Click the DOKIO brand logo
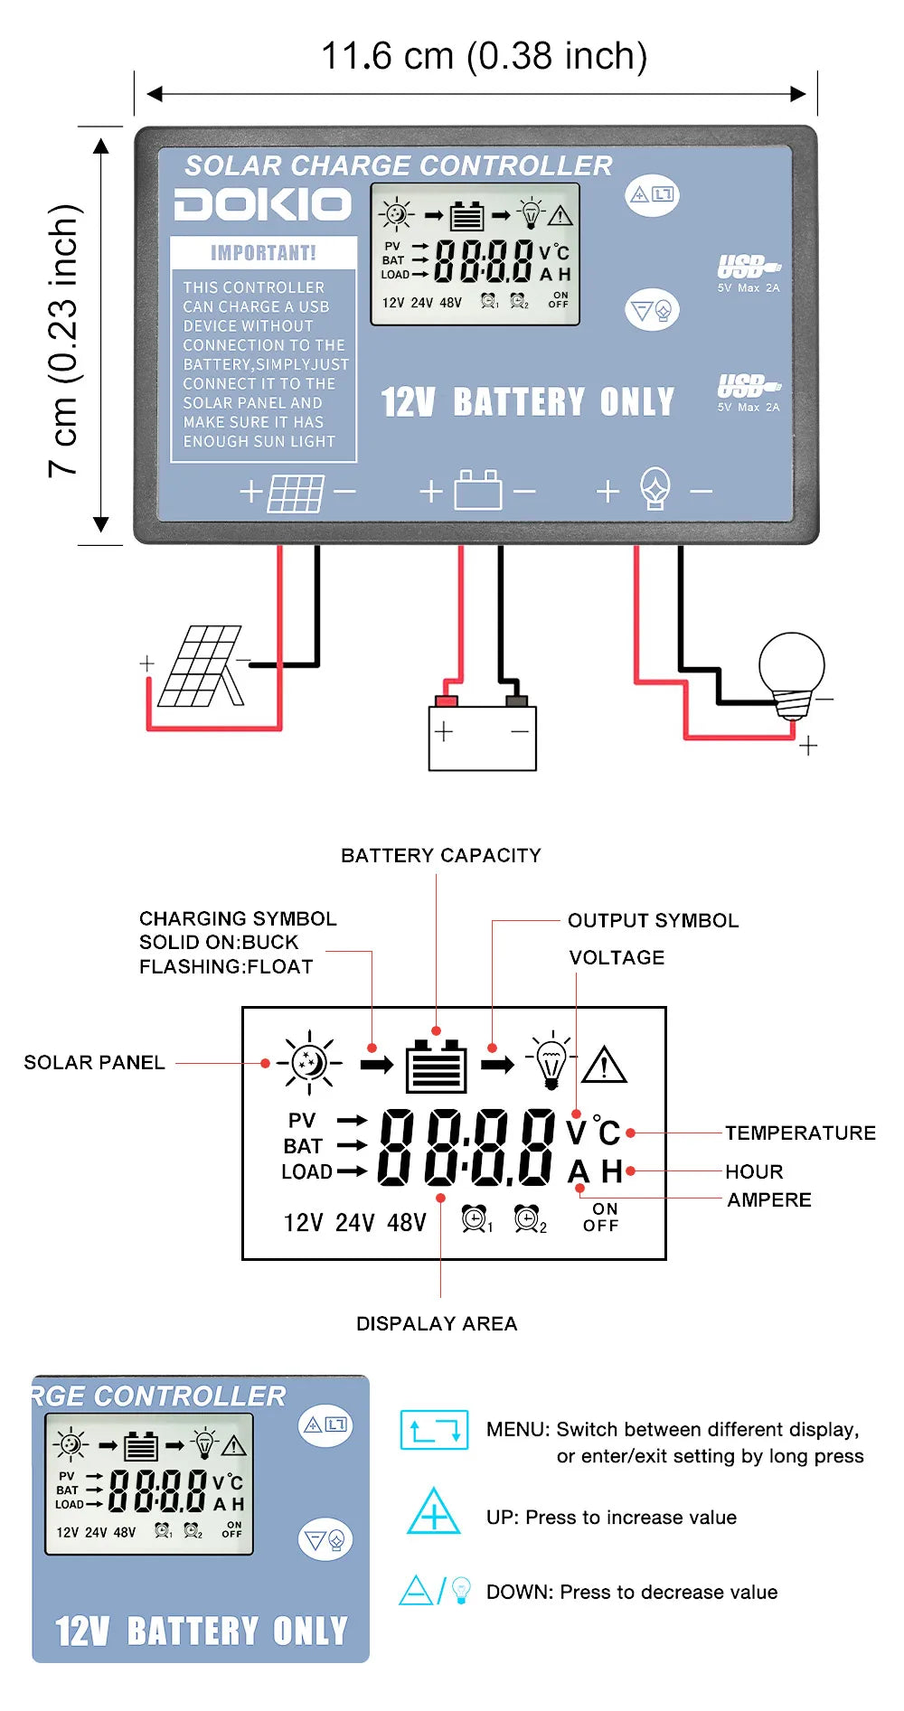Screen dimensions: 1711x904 (262, 205)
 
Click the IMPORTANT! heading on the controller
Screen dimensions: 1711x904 (263, 253)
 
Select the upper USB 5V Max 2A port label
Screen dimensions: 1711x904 (749, 275)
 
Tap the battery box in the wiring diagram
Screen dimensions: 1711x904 (482, 737)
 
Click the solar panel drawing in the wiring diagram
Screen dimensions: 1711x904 (201, 667)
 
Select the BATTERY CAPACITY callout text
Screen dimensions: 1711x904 (440, 855)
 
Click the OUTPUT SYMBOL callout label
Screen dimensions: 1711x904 (653, 920)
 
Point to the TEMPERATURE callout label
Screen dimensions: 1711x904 (800, 1133)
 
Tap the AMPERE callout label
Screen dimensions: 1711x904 (769, 1199)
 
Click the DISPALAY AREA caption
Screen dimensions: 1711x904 (437, 1323)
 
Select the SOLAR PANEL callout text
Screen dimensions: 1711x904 (94, 1062)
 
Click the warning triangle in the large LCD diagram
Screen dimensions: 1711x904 (604, 1065)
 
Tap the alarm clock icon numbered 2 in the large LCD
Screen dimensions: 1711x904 (528, 1218)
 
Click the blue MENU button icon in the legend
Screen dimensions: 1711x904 (434, 1430)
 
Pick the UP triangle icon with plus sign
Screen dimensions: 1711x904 (434, 1511)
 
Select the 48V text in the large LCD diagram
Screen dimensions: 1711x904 (406, 1223)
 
